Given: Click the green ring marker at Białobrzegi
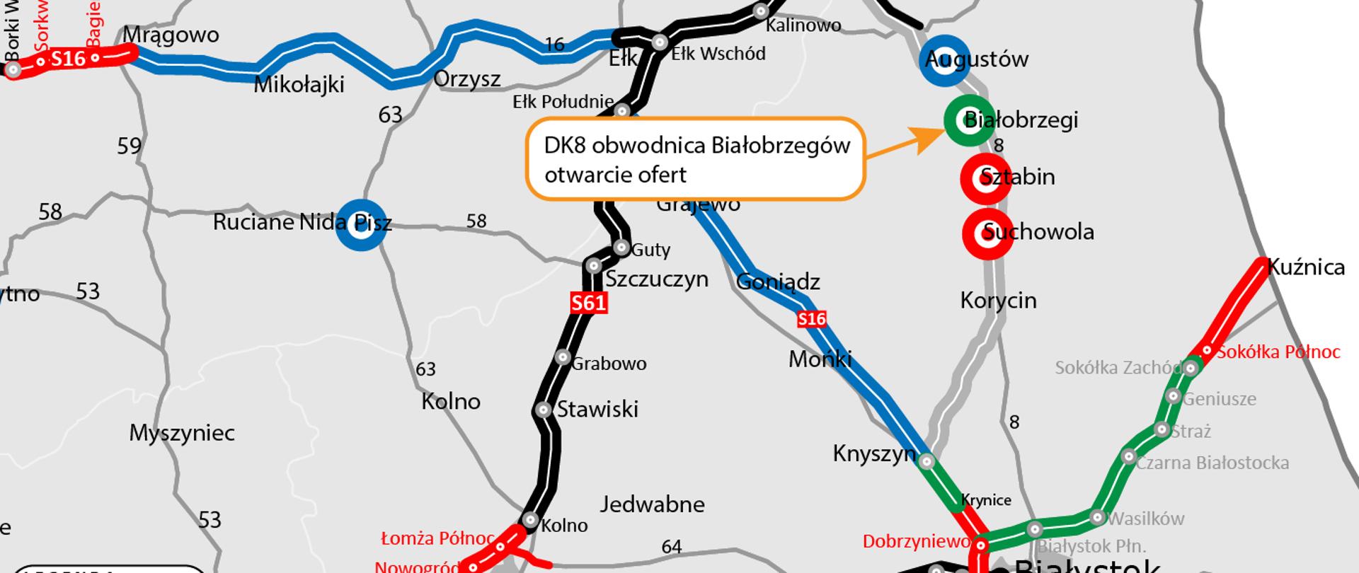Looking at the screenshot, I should coord(969,120).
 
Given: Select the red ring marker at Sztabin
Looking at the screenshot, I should coord(985,178).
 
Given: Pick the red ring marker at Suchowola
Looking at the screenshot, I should coord(988,232).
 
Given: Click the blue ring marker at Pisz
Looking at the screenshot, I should coord(361,224).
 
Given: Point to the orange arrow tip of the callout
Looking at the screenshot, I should coord(937,132).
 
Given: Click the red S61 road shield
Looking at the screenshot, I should coord(589,303).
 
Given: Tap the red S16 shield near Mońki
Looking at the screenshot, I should coord(812,319).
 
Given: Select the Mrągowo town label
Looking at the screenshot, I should coord(171,35).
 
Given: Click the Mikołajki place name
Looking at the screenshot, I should coord(299,85).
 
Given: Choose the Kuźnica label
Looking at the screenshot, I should coord(1306,267).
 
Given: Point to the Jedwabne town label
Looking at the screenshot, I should coord(652,504).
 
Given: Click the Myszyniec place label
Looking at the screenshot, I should coord(182,433).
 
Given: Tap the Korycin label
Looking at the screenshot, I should coord(998,300).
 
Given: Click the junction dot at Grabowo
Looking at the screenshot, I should coord(563,357).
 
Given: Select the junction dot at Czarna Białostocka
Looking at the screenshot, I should coord(1129,456).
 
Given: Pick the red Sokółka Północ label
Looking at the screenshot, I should coord(1278,352).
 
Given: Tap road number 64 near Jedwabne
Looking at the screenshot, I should coord(671,547).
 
